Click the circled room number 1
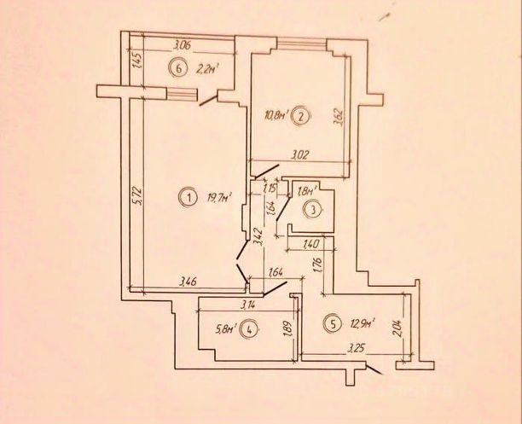click(187, 199)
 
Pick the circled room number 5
click(333, 322)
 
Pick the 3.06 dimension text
click(181, 45)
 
